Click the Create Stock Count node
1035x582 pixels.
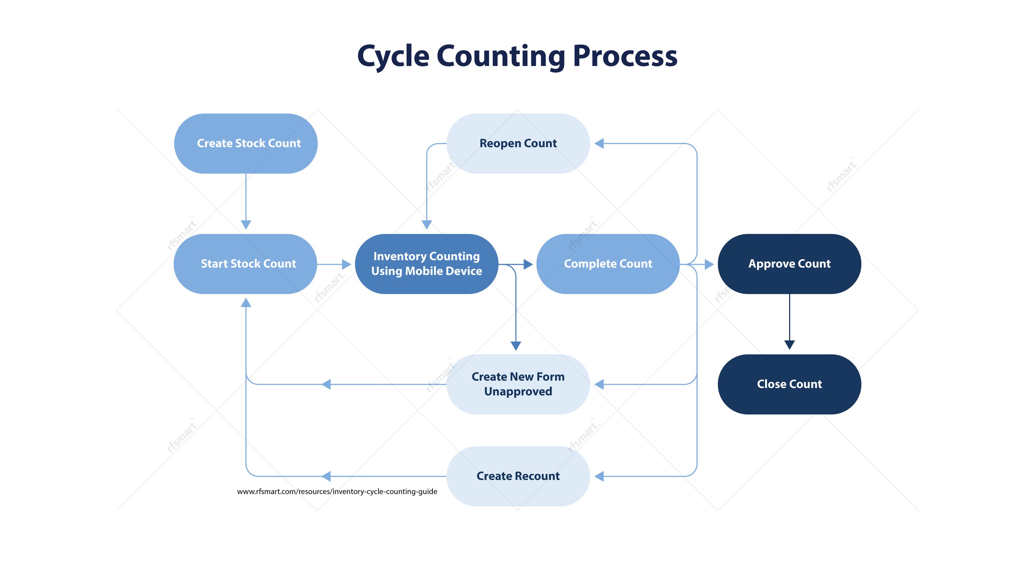click(246, 144)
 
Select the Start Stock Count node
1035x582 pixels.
click(246, 264)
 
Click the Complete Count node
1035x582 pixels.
click(608, 264)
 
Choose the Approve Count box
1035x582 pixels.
click(789, 264)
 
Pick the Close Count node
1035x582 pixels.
click(789, 384)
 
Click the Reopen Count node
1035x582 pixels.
click(518, 144)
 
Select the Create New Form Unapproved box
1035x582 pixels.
click(518, 384)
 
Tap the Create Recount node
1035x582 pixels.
click(518, 476)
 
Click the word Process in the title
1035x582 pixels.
click(625, 56)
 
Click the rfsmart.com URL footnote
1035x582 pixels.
click(337, 491)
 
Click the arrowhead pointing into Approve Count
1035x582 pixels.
click(709, 264)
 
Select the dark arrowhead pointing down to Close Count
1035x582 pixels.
click(789, 345)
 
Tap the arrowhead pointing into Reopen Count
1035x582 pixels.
click(599, 144)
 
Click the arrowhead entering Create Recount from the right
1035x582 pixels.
click(599, 477)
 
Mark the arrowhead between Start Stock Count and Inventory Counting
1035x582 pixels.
click(346, 264)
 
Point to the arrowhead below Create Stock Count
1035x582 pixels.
click(246, 224)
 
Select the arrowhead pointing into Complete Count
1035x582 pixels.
click(528, 264)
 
